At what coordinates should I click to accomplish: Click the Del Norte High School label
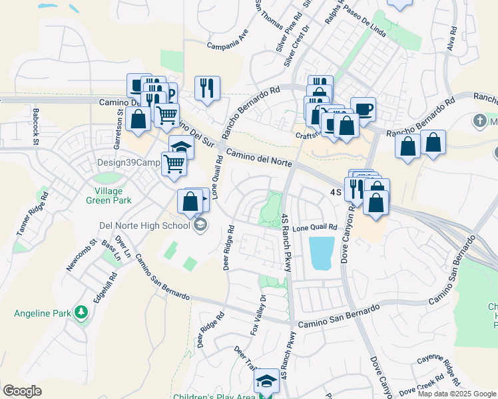pyautogui.click(x=144, y=225)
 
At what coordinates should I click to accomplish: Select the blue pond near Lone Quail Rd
pyautogui.click(x=322, y=253)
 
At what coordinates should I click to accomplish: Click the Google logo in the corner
pyautogui.click(x=23, y=391)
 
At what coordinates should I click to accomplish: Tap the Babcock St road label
pyautogui.click(x=36, y=126)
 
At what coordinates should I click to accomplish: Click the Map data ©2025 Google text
pyautogui.click(x=457, y=394)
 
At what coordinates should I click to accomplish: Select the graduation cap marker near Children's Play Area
pyautogui.click(x=266, y=380)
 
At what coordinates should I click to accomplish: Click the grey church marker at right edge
pyautogui.click(x=479, y=122)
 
